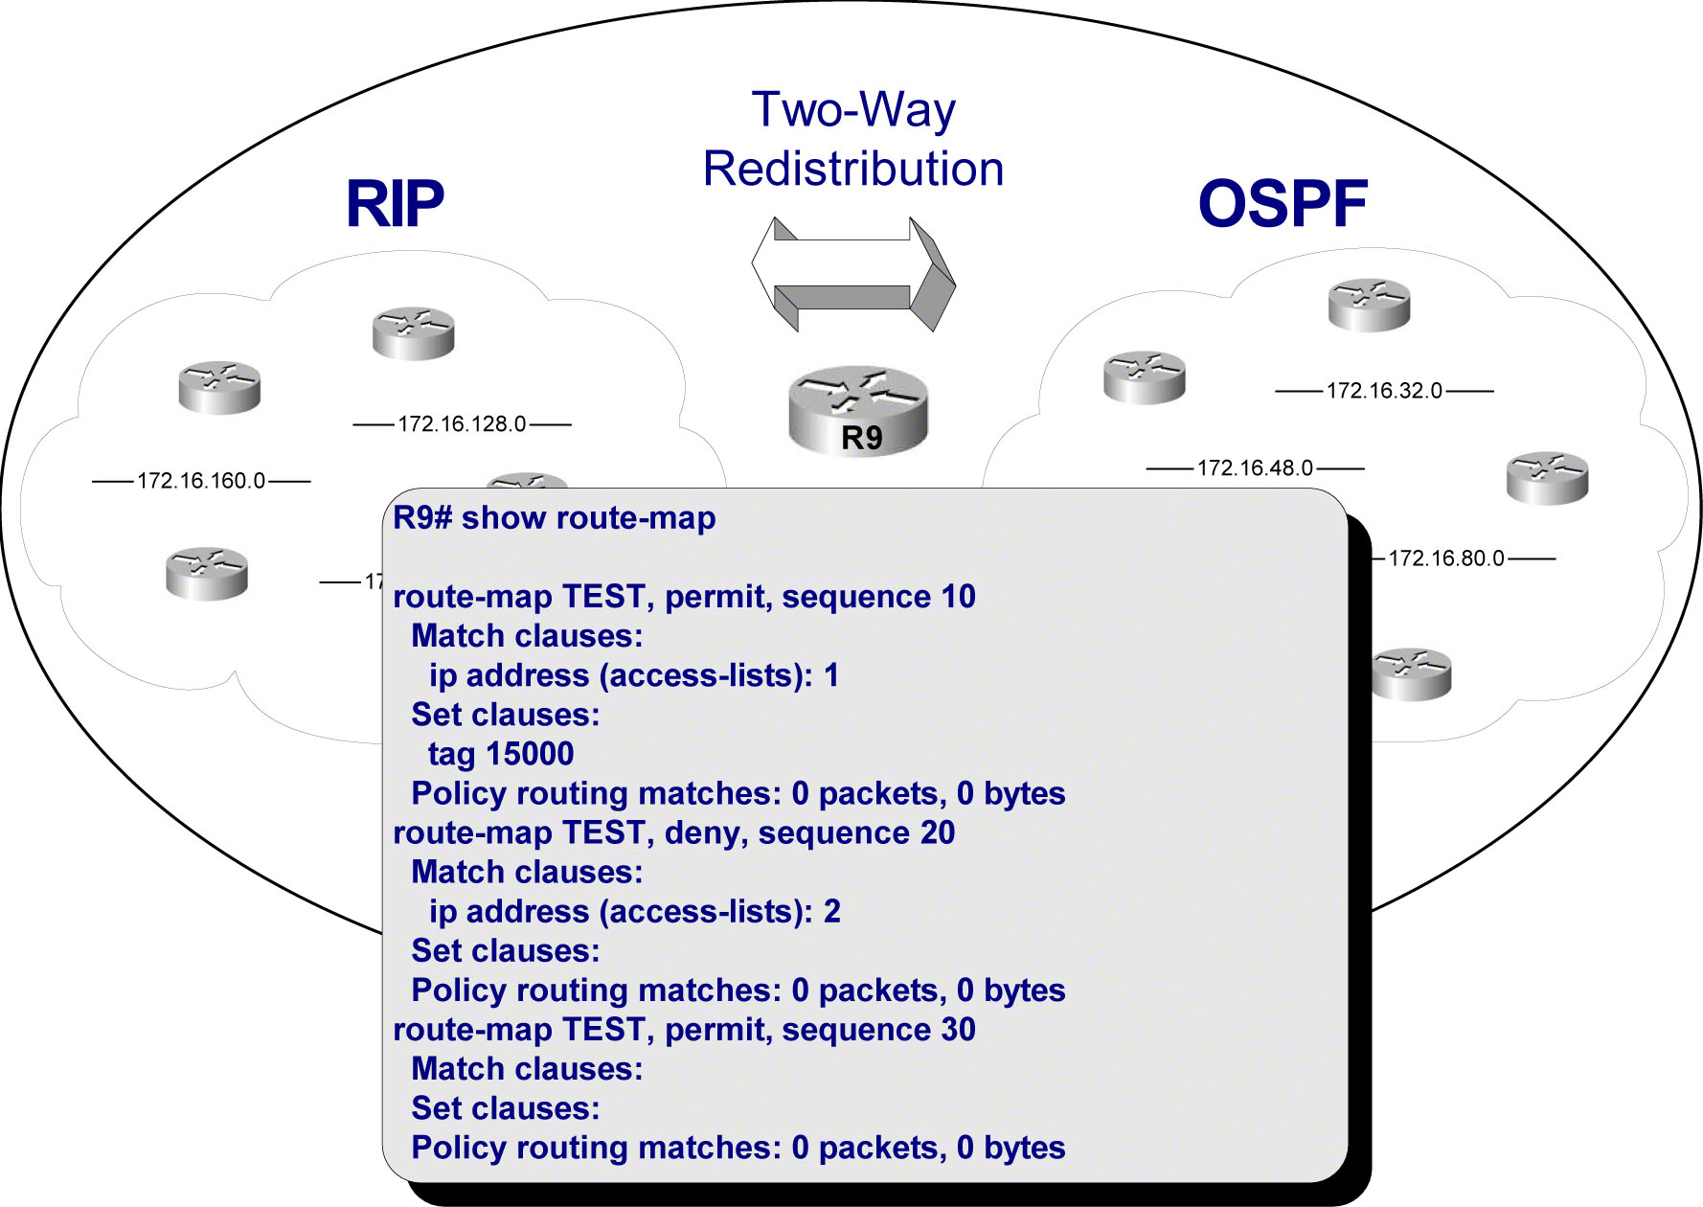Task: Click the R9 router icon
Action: point(858,410)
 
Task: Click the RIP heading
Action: point(395,204)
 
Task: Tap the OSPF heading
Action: point(1283,204)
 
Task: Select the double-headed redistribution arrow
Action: point(853,274)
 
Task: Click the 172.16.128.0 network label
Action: point(462,424)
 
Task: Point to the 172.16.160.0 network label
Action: point(201,481)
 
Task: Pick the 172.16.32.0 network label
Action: point(1384,391)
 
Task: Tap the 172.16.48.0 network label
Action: point(1255,468)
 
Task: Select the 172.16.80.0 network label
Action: point(1446,558)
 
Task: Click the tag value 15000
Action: point(529,754)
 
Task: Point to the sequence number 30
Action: point(958,1029)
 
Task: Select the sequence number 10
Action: point(958,597)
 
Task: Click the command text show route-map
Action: point(588,518)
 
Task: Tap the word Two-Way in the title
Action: point(853,109)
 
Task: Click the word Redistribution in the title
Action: point(853,170)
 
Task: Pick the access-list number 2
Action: point(831,911)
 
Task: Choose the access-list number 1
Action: point(831,675)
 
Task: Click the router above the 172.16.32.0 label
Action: point(1369,305)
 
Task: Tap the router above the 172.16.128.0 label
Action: point(413,333)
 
